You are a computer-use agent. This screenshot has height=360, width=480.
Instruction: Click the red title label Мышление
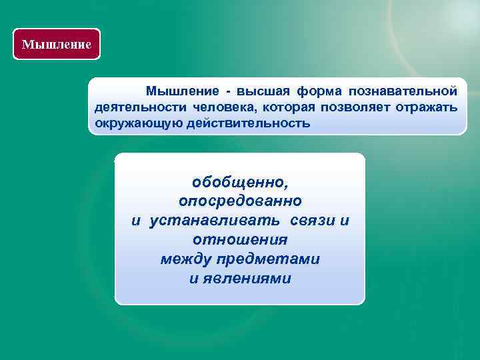pos(56,45)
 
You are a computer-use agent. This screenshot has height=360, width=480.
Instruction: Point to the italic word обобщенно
pos(240,182)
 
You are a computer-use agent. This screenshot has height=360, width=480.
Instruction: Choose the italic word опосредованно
pos(240,201)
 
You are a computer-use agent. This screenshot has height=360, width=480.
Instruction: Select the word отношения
pos(240,239)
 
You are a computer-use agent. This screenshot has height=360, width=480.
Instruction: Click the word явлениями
pos(247,278)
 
